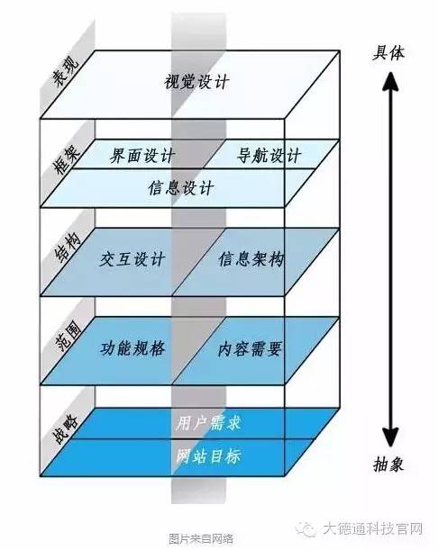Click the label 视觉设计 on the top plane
196,82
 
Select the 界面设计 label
142,155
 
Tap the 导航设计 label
269,155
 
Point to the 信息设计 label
181,187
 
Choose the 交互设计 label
132,259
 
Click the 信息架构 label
251,259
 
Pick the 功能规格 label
132,348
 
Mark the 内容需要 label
250,348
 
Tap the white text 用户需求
208,422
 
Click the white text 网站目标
208,456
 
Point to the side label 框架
67,160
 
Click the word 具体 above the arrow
388,53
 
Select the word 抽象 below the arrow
388,464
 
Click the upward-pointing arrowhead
390,81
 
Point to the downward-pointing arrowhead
390,437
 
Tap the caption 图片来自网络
201,538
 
